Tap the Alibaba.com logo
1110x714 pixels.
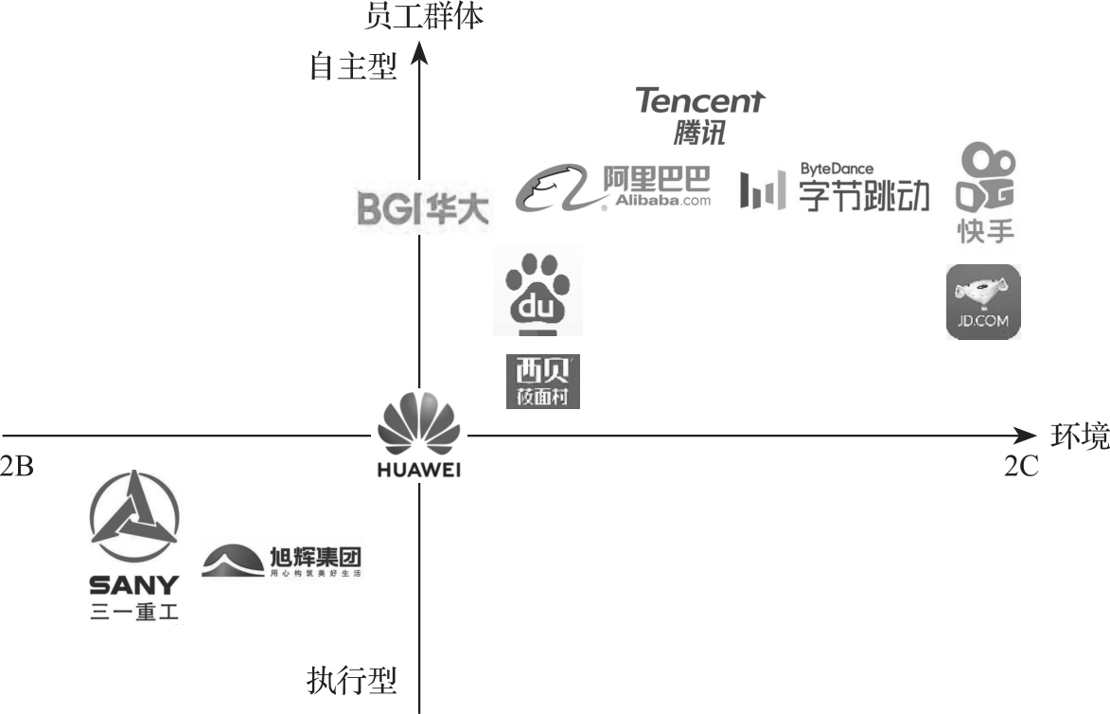tap(613, 187)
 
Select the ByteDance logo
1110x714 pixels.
tap(834, 187)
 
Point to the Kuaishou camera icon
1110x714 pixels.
tap(984, 178)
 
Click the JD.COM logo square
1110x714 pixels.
tap(984, 301)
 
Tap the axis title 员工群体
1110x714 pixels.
tap(424, 15)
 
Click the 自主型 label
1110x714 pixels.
tap(353, 68)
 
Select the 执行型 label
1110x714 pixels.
tap(352, 681)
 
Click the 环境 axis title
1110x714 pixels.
tap(1080, 436)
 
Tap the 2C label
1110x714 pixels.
tap(1022, 465)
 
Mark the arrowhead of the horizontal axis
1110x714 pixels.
tap(1027, 436)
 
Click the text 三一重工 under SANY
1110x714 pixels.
tap(133, 613)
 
